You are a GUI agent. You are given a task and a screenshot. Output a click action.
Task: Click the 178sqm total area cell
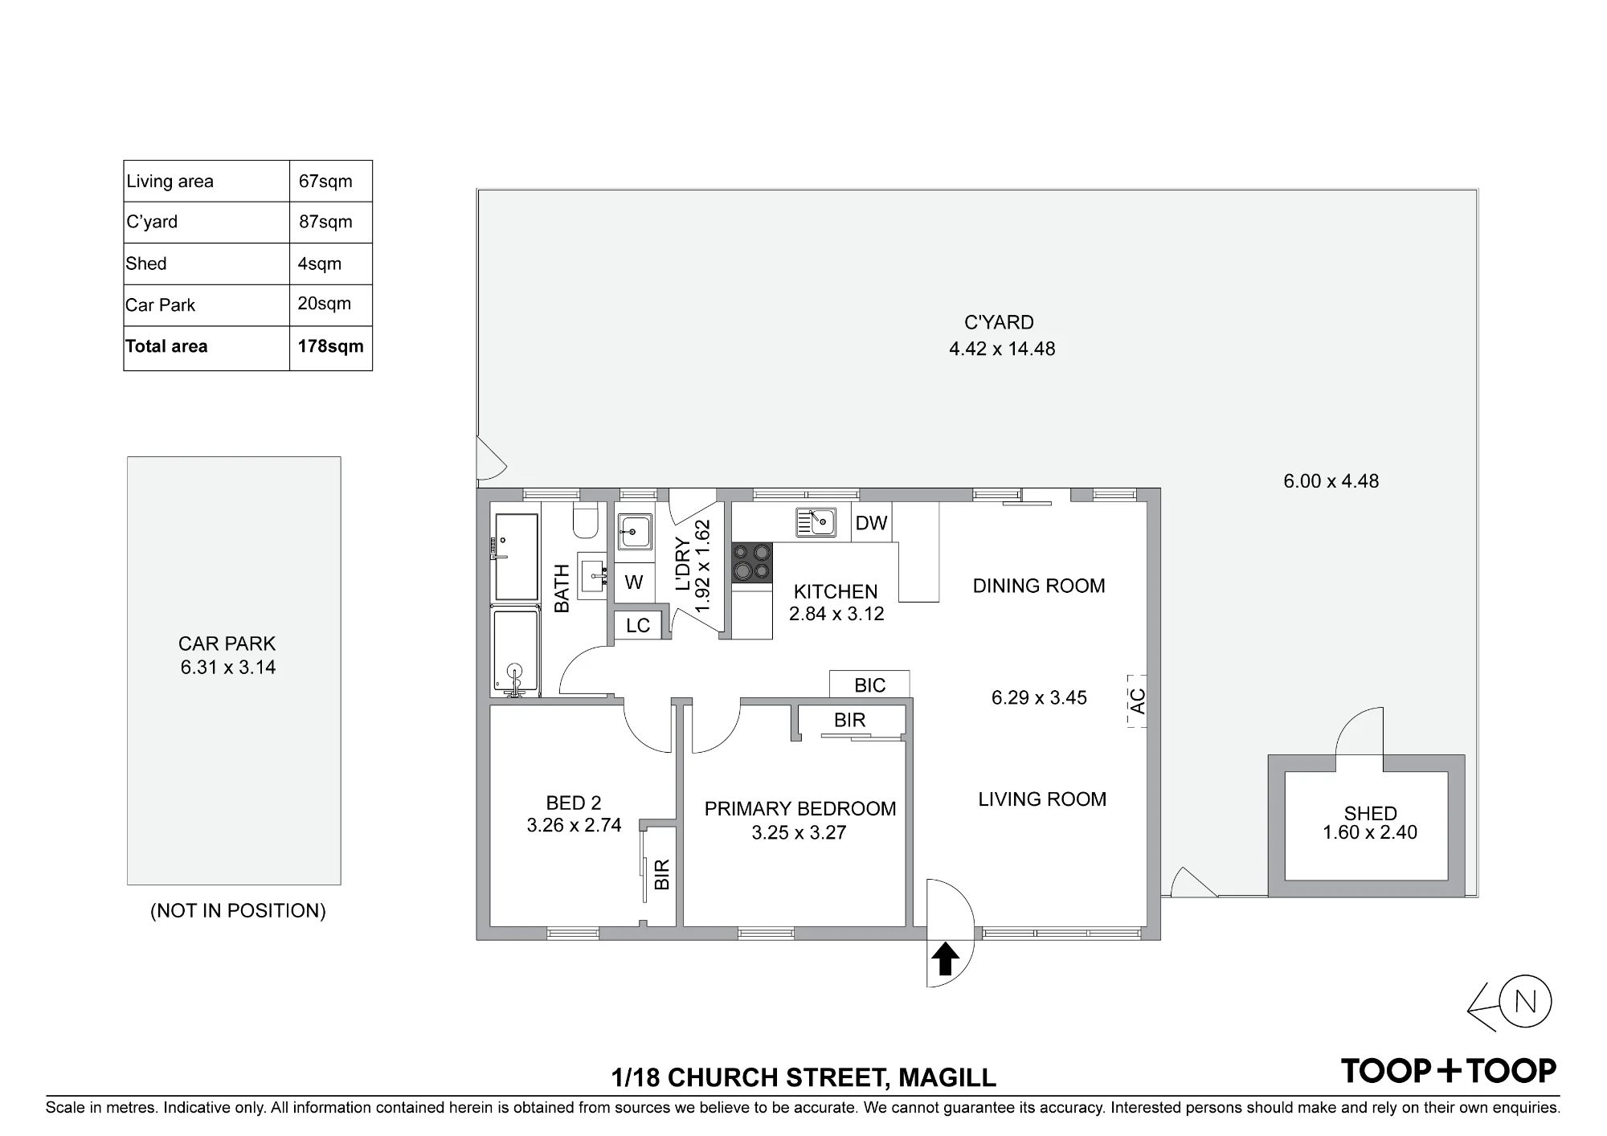click(330, 346)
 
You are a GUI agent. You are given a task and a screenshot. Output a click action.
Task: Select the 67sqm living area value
click(325, 181)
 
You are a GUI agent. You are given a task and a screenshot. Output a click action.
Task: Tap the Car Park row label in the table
click(161, 305)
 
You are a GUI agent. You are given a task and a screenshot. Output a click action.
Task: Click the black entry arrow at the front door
click(946, 958)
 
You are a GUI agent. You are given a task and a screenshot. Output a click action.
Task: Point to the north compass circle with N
click(1525, 1002)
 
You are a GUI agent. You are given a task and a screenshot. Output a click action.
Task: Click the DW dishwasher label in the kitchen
click(871, 523)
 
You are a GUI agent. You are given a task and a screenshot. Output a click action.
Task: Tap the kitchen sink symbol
click(816, 522)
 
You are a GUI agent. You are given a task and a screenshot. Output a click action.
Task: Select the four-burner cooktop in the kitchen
click(752, 562)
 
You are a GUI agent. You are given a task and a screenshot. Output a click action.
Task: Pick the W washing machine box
click(634, 582)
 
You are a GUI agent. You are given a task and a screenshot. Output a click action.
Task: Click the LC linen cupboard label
click(638, 626)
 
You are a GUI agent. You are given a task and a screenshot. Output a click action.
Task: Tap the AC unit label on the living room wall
click(1137, 701)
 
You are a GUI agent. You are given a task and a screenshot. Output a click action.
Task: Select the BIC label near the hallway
click(870, 685)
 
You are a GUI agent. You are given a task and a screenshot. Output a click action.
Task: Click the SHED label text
click(1371, 813)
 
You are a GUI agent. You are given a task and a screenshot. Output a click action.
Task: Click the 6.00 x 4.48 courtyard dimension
click(1331, 481)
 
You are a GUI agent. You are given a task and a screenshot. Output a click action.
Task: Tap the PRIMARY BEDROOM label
click(800, 809)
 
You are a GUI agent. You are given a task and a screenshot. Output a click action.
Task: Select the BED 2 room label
click(574, 803)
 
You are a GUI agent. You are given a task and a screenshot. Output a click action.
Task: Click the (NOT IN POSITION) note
click(238, 910)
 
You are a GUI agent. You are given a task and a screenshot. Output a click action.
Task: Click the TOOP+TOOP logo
click(1449, 1070)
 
